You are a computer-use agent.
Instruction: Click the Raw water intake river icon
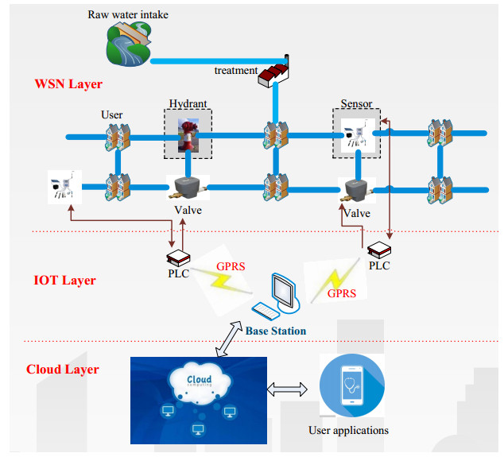click(x=127, y=43)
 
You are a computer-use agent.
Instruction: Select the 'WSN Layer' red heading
click(x=68, y=83)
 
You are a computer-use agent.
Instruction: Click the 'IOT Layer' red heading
click(x=65, y=280)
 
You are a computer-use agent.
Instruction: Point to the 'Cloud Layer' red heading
click(x=63, y=369)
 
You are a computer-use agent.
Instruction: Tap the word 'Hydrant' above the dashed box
click(x=188, y=104)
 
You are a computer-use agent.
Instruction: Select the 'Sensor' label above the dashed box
click(x=355, y=104)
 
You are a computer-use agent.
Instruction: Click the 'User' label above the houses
click(x=111, y=115)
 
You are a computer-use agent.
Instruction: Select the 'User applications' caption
click(x=349, y=430)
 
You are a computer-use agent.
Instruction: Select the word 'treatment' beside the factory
click(x=235, y=71)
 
